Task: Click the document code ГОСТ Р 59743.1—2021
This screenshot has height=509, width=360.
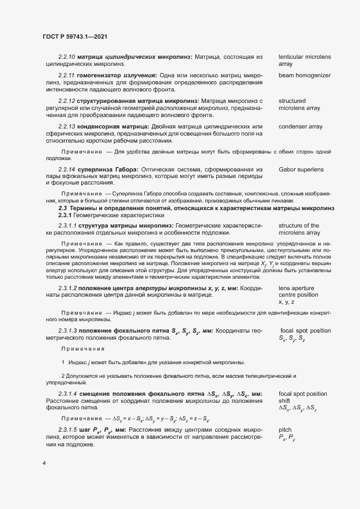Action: [x=74, y=36]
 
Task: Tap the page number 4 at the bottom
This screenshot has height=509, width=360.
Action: [x=44, y=463]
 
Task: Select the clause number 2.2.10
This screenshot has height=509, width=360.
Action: [x=66, y=57]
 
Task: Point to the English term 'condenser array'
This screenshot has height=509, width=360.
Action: [x=302, y=126]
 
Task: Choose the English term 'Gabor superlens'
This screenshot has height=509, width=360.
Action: [x=301, y=169]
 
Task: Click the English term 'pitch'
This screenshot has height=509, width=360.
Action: [x=285, y=430]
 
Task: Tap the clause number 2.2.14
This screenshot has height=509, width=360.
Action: [x=66, y=169]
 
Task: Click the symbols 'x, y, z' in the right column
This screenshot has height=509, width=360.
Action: [x=286, y=302]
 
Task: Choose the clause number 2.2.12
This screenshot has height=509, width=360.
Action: [x=66, y=101]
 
